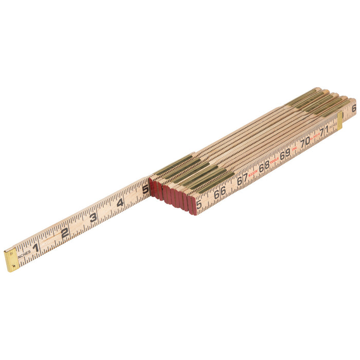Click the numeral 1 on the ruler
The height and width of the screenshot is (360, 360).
36,247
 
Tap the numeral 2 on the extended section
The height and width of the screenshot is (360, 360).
65,232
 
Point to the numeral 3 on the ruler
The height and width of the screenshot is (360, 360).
93,217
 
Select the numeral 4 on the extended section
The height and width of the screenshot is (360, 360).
120,203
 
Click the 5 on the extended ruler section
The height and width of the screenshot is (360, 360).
146,189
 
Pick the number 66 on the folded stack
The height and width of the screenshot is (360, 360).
220,191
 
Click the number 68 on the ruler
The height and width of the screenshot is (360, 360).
264,167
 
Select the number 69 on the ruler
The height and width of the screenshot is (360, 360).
285,154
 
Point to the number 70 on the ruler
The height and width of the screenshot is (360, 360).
305,141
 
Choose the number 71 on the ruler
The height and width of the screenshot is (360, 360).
324,131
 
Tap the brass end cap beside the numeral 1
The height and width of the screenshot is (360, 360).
11,260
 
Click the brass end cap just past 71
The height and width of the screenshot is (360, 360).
340,120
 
